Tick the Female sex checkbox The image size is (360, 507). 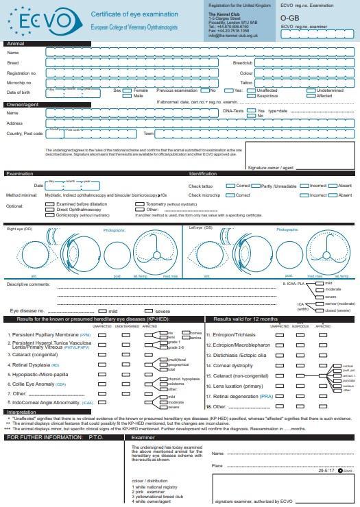click(128, 90)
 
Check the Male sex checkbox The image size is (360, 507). click(128, 96)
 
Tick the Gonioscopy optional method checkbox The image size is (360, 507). click(50, 215)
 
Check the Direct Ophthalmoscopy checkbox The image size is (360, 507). click(50, 210)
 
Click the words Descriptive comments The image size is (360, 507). click(28, 284)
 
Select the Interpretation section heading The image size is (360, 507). click(25, 412)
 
